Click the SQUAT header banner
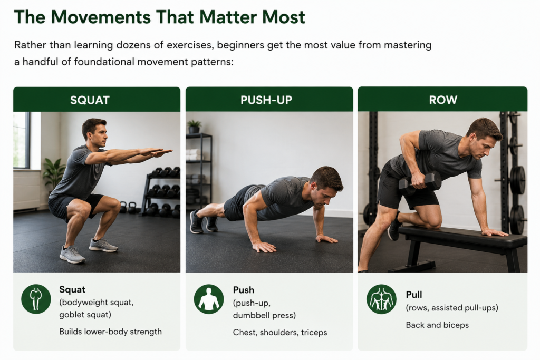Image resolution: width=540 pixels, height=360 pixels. click(97, 100)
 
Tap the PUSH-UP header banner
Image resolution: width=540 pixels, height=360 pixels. click(269, 100)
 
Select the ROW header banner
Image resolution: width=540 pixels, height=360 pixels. click(442, 100)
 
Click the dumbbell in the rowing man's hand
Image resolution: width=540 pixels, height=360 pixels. click(420, 182)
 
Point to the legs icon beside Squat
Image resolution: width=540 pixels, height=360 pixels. click(36, 299)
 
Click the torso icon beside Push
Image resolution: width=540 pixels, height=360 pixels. click(209, 299)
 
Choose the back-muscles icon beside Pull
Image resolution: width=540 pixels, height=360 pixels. click(381, 299)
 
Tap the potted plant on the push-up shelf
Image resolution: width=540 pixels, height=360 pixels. click(194, 127)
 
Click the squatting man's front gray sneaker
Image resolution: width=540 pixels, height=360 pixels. click(72, 255)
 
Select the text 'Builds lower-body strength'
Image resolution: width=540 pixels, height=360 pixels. click(111, 332)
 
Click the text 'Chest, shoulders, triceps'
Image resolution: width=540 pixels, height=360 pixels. click(280, 332)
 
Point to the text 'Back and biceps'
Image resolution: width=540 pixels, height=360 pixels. click(437, 325)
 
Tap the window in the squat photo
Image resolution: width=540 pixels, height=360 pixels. click(21, 140)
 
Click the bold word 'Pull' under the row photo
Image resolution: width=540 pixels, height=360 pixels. click(414, 295)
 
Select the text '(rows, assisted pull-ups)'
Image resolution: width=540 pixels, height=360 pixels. click(452, 308)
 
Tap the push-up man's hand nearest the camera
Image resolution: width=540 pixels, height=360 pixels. click(264, 247)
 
